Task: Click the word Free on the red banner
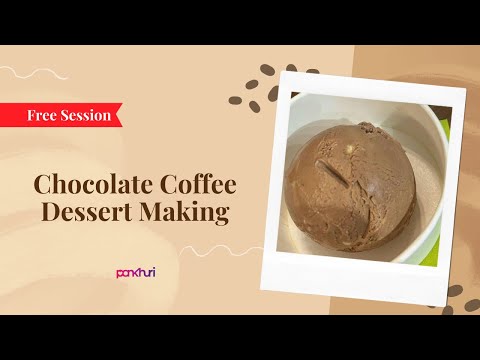(46, 115)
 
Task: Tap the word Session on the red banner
(88, 115)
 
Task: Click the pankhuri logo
(135, 271)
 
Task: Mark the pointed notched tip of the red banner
(120, 115)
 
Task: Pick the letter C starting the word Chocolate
(43, 185)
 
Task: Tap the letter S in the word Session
(68, 115)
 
